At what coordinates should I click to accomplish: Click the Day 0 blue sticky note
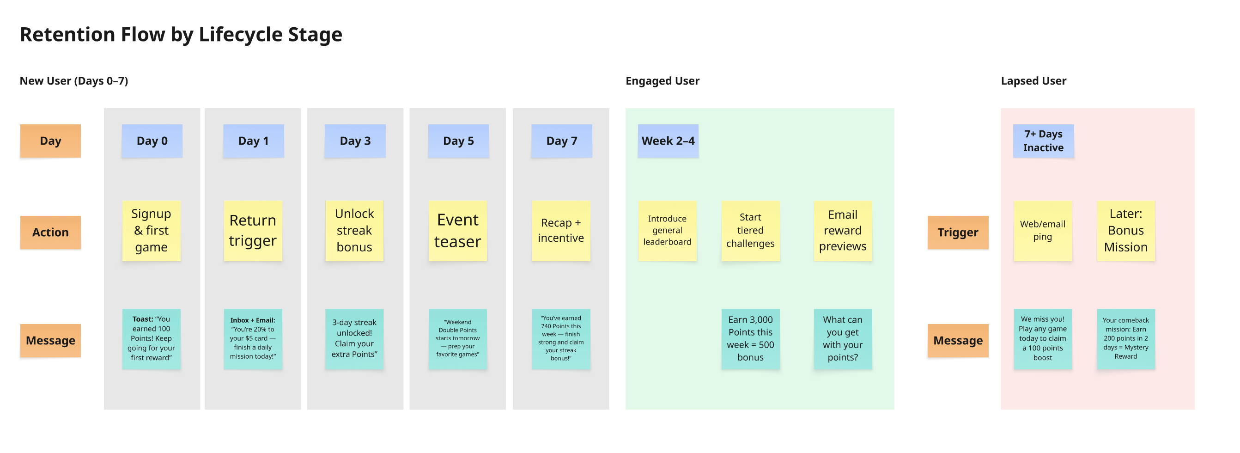pyautogui.click(x=152, y=141)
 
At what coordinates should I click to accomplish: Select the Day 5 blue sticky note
pyautogui.click(x=458, y=141)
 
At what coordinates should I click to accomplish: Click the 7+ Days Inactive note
pyautogui.click(x=1043, y=141)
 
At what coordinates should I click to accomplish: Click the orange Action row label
pyautogui.click(x=50, y=233)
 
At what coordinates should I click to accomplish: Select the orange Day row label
pyautogui.click(x=50, y=141)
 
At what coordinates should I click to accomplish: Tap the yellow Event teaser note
pyautogui.click(x=457, y=231)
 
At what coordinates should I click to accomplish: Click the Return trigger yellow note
pyautogui.click(x=253, y=231)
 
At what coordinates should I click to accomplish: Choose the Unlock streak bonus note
pyautogui.click(x=354, y=231)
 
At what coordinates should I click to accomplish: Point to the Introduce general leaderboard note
pyautogui.click(x=667, y=231)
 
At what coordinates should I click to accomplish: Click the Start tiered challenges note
pyautogui.click(x=750, y=231)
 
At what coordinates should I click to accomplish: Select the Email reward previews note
pyautogui.click(x=842, y=231)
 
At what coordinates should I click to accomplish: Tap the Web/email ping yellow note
pyautogui.click(x=1042, y=231)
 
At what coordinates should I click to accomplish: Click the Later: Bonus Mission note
pyautogui.click(x=1125, y=231)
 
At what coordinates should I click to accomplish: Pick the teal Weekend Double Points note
pyautogui.click(x=457, y=339)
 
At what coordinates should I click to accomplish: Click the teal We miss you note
pyautogui.click(x=1042, y=339)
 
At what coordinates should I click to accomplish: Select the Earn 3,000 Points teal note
pyautogui.click(x=750, y=339)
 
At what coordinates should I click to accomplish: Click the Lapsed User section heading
pyautogui.click(x=1033, y=81)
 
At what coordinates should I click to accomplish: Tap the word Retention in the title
pyautogui.click(x=67, y=35)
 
